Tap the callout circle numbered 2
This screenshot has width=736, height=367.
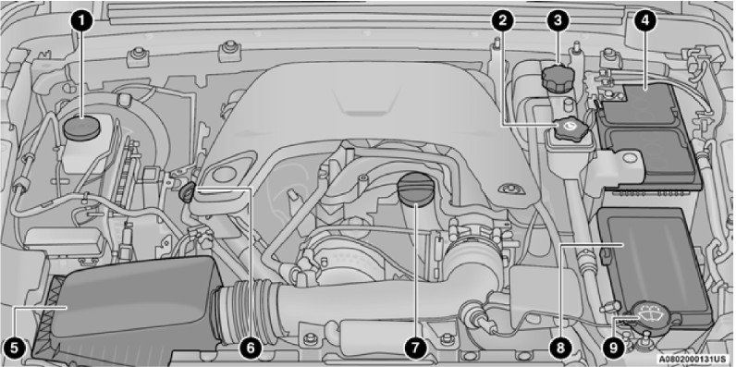tap(501, 19)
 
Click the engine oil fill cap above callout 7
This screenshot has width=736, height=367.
tap(414, 192)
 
